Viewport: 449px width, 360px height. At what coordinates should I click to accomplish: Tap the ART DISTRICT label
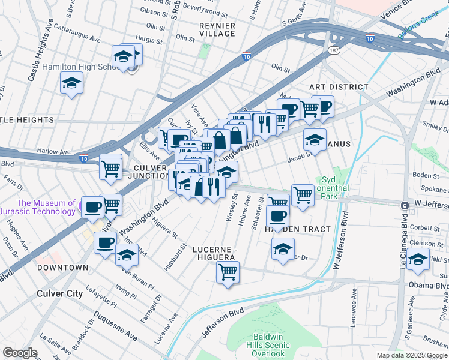(339, 87)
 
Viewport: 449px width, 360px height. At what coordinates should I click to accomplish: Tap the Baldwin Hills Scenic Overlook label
(268, 345)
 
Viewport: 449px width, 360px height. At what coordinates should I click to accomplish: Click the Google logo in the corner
(20, 353)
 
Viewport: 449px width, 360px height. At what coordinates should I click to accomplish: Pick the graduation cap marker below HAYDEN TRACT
(282, 249)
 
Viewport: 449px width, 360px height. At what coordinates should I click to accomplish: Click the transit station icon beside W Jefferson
(405, 205)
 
